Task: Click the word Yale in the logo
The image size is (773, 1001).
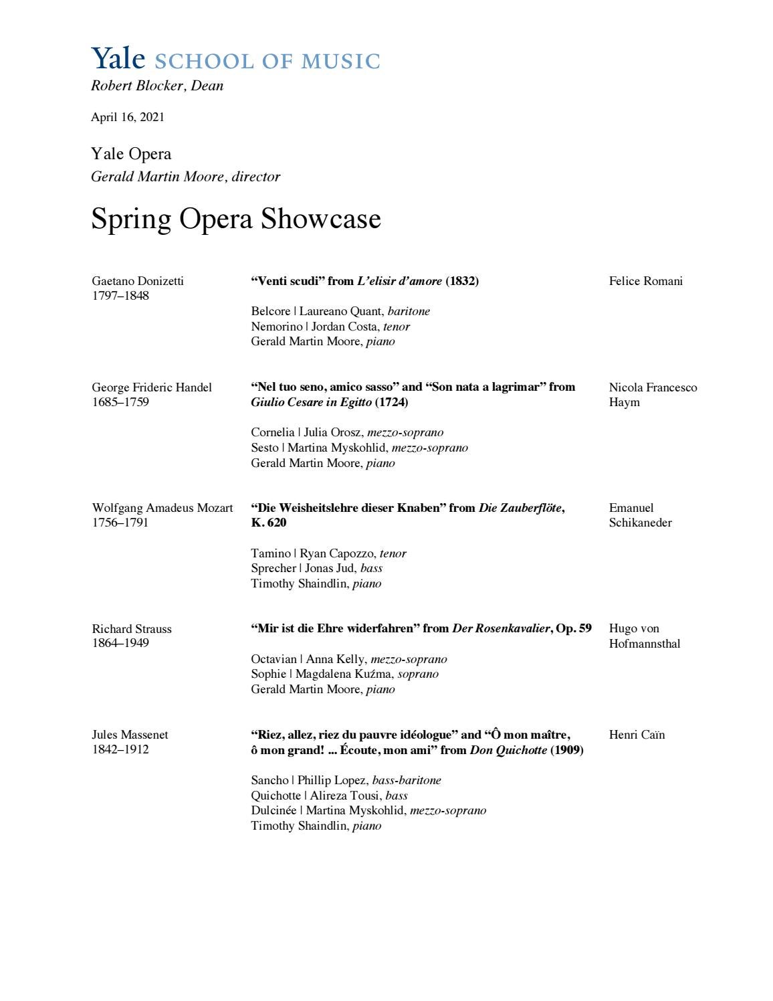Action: coord(118,59)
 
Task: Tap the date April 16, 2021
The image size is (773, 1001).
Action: coord(128,117)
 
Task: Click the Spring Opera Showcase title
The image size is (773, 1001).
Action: coord(235,219)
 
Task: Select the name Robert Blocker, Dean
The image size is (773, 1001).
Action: coord(157,86)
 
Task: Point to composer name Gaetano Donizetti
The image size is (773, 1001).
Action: coord(138,281)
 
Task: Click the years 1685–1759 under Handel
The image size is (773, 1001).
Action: coord(120,402)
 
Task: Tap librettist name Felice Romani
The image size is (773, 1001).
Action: coord(645,281)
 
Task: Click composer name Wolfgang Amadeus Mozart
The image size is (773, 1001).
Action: coord(162,508)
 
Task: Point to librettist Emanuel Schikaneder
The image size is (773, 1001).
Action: coord(640,515)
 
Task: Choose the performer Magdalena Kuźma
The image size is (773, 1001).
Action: coord(344,674)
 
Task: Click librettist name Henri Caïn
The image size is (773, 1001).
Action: coord(637,735)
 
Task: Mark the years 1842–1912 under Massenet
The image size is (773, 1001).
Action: coord(120,749)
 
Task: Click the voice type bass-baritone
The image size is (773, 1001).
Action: coord(407,780)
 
